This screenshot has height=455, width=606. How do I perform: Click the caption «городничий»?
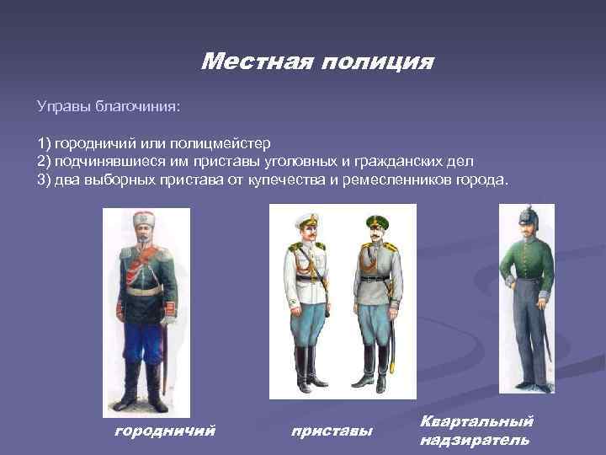coord(165,431)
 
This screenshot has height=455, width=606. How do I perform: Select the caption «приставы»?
coord(332,431)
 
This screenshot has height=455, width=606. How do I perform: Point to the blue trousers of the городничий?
coord(145,337)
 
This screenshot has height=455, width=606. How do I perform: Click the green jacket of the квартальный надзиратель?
coord(528,270)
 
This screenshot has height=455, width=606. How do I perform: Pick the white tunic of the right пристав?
coord(375,270)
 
